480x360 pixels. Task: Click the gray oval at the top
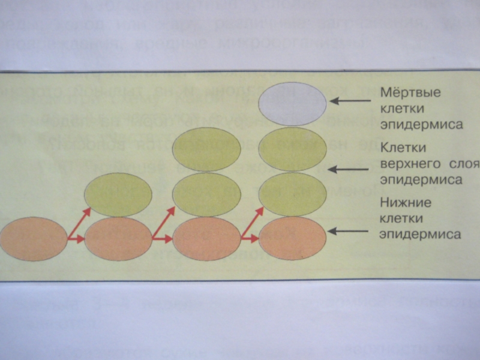[x=292, y=103]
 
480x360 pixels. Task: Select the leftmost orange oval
[x=33, y=238]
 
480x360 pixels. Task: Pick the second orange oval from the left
[x=118, y=239]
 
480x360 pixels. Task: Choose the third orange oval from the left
[x=206, y=238]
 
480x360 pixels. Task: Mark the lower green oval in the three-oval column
[x=206, y=194]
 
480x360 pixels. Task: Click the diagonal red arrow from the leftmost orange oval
[x=79, y=223]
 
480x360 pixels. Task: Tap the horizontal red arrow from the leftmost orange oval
[x=76, y=240]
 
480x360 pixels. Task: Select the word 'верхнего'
[x=406, y=164]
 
